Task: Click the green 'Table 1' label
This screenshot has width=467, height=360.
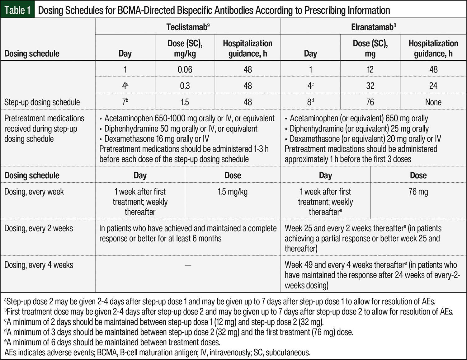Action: pyautogui.click(x=17, y=10)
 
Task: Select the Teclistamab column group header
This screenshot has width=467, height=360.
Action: pyautogui.click(x=188, y=27)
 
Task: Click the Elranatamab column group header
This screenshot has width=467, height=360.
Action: pyautogui.click(x=373, y=27)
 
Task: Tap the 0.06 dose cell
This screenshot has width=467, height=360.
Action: pyautogui.click(x=185, y=69)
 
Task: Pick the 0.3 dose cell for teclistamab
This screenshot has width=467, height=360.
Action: pyautogui.click(x=185, y=86)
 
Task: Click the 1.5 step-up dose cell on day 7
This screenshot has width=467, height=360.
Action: pyautogui.click(x=185, y=102)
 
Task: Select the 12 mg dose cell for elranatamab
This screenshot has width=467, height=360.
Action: pyautogui.click(x=370, y=69)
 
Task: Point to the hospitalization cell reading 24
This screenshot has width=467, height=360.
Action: pyautogui.click(x=433, y=86)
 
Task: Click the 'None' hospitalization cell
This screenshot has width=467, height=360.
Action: pyautogui.click(x=433, y=102)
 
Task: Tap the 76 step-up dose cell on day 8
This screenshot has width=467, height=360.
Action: pyautogui.click(x=370, y=102)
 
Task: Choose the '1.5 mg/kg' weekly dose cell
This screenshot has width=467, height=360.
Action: pyautogui.click(x=233, y=192)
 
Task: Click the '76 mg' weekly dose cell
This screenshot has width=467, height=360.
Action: pyautogui.click(x=418, y=192)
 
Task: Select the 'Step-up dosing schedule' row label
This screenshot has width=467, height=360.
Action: pyautogui.click(x=42, y=102)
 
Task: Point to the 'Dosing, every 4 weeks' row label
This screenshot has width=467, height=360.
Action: pyautogui.click(x=39, y=265)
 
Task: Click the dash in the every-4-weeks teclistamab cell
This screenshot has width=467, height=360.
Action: pyautogui.click(x=188, y=265)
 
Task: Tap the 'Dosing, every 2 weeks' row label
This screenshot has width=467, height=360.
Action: pyautogui.click(x=39, y=228)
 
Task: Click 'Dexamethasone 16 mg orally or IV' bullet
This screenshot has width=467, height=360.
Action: pyautogui.click(x=156, y=139)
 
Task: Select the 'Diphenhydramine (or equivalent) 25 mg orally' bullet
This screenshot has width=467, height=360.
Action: pyautogui.click(x=359, y=129)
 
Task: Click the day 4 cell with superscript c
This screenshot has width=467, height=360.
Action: pyautogui.click(x=310, y=86)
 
